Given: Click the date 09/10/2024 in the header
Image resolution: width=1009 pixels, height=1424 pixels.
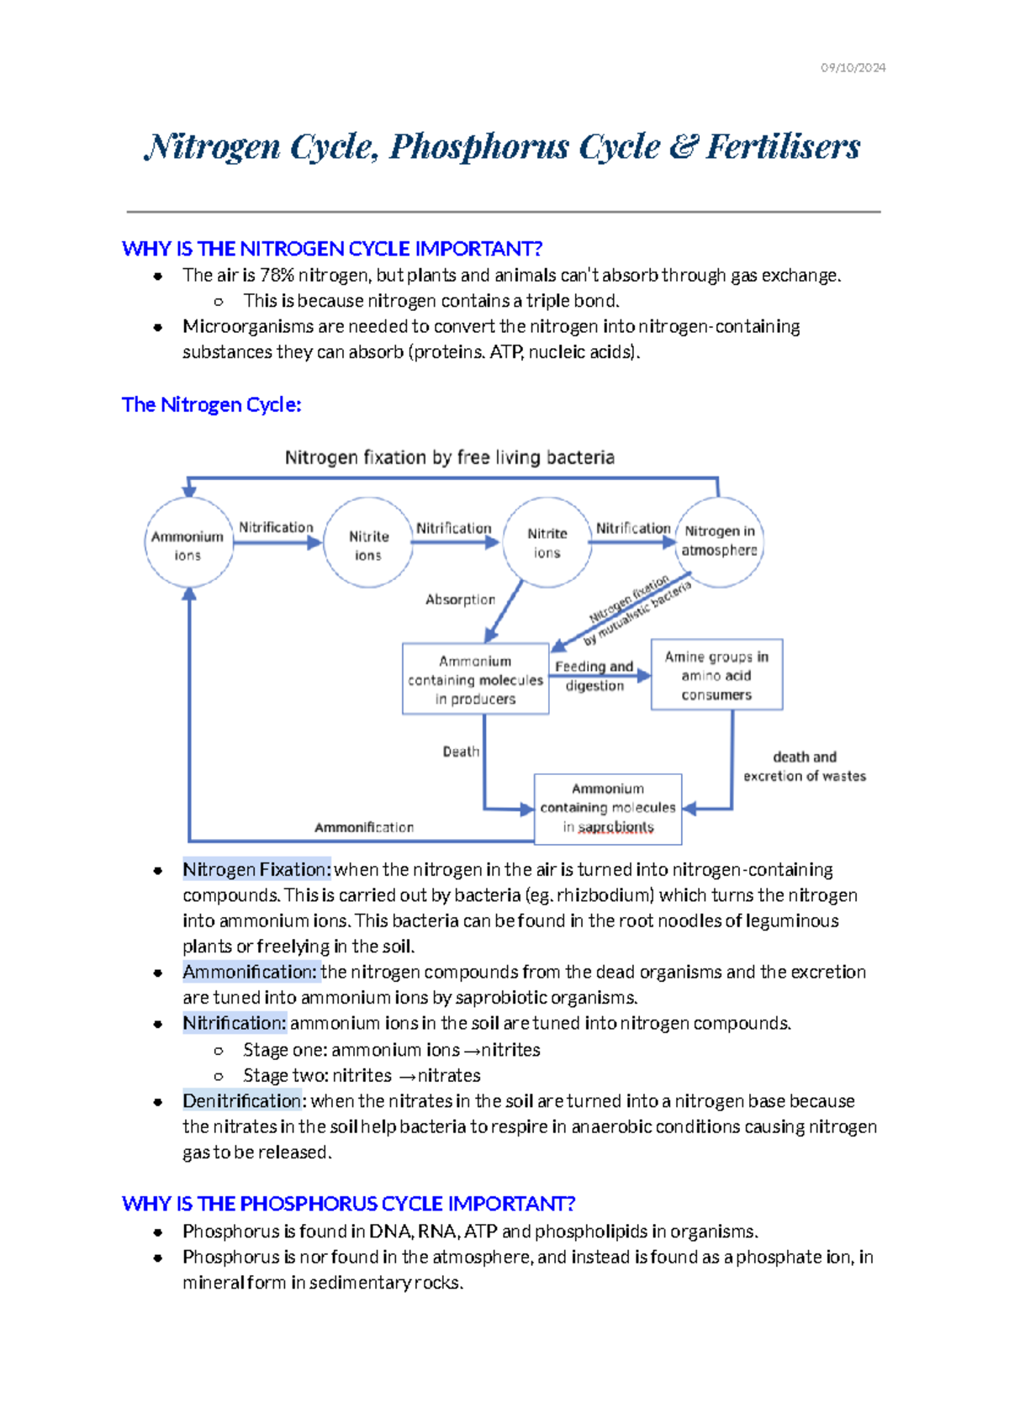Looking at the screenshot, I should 853,67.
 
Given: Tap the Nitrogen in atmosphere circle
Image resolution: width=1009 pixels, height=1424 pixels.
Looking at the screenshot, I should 719,541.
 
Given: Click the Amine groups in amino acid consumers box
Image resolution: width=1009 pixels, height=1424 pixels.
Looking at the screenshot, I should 716,675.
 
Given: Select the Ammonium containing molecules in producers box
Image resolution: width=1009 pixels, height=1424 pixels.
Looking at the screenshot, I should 475,679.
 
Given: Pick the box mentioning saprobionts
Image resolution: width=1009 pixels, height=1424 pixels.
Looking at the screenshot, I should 608,809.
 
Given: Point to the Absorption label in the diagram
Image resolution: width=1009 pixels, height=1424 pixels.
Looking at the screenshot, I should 460,599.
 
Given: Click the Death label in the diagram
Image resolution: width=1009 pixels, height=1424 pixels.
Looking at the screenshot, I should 461,752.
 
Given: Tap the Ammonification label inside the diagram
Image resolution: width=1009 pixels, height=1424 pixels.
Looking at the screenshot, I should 364,827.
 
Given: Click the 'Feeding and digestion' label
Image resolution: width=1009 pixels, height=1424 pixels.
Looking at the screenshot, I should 594,676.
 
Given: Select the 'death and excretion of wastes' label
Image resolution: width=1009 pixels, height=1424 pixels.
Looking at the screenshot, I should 804,767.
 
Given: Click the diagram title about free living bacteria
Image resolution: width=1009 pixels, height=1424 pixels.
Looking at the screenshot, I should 449,457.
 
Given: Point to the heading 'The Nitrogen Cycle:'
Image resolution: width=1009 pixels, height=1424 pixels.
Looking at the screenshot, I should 211,404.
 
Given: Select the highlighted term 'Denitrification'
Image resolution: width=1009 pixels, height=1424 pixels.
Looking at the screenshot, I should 242,1100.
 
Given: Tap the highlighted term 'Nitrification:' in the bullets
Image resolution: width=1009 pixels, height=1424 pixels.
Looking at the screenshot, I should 235,1023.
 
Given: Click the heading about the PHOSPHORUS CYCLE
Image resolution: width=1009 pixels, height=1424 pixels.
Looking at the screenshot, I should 348,1204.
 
